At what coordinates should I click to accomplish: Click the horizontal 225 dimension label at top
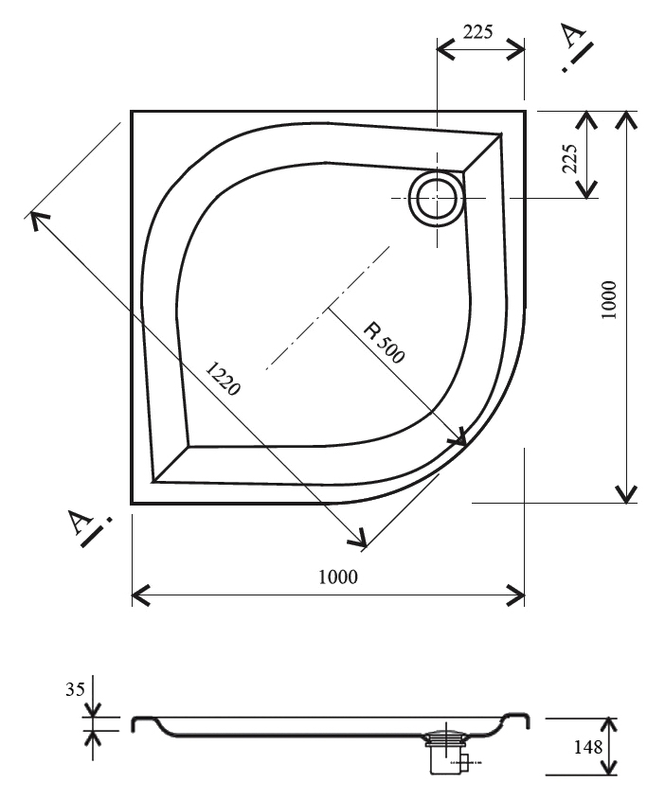click(477, 32)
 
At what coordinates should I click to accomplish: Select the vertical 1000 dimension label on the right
click(609, 300)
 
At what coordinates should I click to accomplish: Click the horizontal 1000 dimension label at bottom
click(338, 577)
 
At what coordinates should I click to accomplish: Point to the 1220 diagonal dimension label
click(223, 378)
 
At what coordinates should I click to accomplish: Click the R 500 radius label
click(384, 343)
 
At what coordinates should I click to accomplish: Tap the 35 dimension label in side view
click(75, 689)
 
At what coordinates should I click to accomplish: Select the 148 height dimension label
click(588, 747)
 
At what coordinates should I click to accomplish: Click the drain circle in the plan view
click(437, 198)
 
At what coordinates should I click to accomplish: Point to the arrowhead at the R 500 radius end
click(458, 436)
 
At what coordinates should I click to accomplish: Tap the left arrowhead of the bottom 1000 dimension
click(141, 595)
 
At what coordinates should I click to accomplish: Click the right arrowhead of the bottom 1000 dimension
click(515, 595)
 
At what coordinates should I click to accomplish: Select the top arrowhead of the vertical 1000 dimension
click(626, 120)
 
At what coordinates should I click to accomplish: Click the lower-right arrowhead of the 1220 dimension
click(357, 538)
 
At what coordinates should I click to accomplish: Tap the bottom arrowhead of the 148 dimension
click(607, 767)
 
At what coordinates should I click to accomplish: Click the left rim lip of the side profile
click(143, 723)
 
